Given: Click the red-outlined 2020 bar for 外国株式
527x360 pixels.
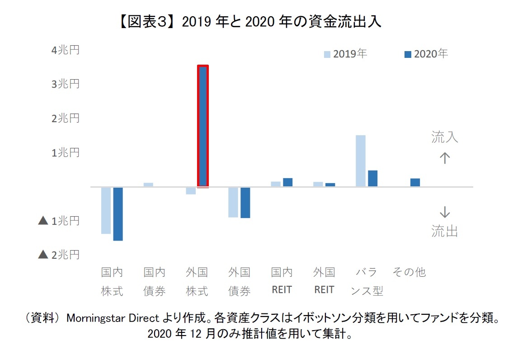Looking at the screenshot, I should click(203, 126).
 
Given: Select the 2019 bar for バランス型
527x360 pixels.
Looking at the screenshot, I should click(361, 161).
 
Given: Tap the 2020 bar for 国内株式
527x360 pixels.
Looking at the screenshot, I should click(118, 213).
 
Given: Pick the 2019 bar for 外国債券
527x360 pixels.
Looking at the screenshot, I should click(233, 202).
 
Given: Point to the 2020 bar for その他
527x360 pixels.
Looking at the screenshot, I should click(415, 182).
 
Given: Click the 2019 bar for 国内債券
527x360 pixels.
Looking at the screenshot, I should click(148, 185).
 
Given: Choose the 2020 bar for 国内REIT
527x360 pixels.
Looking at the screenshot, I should click(287, 182).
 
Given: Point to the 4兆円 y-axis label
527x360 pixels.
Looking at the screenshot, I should click(66, 50).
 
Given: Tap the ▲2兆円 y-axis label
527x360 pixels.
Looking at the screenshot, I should click(59, 255).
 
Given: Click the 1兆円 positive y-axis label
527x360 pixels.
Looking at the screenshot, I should click(66, 152).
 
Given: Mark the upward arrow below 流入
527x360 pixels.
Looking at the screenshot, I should click(445, 158).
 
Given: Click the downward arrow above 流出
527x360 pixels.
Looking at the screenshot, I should click(445, 212).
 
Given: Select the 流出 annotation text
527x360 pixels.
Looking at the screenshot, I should click(445, 232).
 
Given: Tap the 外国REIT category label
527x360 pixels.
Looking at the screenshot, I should click(324, 281).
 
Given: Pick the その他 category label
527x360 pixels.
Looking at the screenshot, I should click(409, 272).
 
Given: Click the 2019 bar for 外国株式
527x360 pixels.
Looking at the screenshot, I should click(191, 190).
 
